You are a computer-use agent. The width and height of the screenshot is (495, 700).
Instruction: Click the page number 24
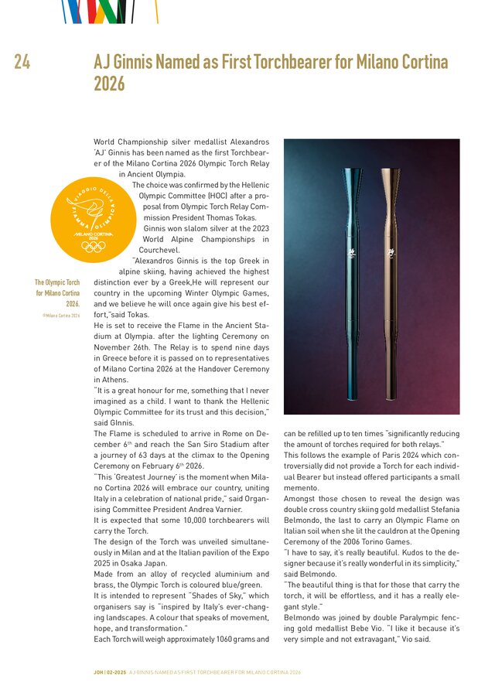22,63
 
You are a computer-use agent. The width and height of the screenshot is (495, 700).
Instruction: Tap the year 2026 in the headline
109,84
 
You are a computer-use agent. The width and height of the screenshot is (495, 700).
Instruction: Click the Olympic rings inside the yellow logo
93,246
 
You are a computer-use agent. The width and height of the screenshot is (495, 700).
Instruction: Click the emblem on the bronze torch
388,251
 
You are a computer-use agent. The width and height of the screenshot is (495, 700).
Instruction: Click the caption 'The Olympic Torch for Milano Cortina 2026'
58,293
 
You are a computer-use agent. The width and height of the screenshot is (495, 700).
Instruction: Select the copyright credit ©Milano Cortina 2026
61,316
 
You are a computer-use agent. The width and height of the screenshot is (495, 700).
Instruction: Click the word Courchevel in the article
159,250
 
